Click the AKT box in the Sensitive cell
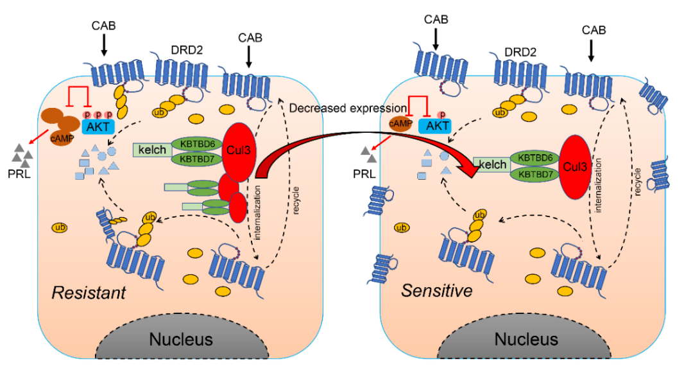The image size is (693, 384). click(438, 126)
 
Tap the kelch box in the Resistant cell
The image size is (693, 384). click(151, 150)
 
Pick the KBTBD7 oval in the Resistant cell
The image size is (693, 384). click(196, 157)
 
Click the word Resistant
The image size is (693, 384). click(89, 293)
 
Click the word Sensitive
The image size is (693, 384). click(437, 291)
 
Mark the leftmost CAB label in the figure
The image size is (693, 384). click(103, 24)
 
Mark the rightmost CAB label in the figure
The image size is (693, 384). click(594, 30)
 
